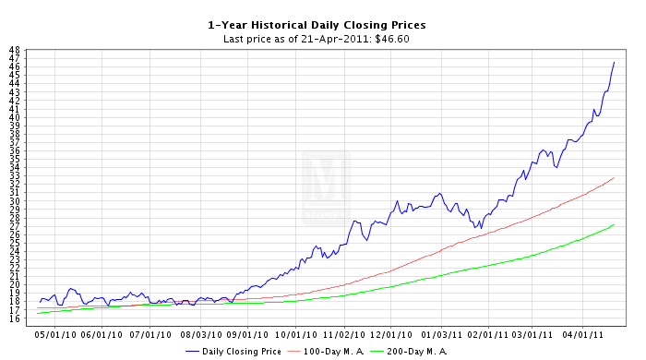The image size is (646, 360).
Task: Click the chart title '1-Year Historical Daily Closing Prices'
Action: point(317,25)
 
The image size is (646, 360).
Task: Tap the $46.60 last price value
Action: point(392,39)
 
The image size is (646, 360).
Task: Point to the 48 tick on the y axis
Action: point(15,50)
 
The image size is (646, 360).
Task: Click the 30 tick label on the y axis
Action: point(15,201)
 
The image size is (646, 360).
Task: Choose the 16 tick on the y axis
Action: point(15,318)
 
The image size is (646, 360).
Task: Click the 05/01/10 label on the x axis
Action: point(55,334)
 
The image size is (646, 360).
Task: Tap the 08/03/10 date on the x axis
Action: point(201,334)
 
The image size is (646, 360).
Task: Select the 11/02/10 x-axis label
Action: point(344,334)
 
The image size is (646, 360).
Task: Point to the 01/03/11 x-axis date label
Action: point(442,334)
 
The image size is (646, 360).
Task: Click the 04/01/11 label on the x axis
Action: point(583,334)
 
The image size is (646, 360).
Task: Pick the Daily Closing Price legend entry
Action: point(233,352)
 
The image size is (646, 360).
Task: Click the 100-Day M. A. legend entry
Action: point(326,352)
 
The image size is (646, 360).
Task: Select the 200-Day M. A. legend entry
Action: point(409,352)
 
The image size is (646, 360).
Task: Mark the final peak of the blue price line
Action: point(615,62)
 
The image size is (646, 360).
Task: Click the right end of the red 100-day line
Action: point(615,177)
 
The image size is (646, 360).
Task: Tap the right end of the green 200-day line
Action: point(615,224)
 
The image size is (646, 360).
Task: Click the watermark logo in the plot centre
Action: point(326,187)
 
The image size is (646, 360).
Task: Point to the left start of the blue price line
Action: point(40,303)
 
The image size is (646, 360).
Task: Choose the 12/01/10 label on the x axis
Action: point(391,334)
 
